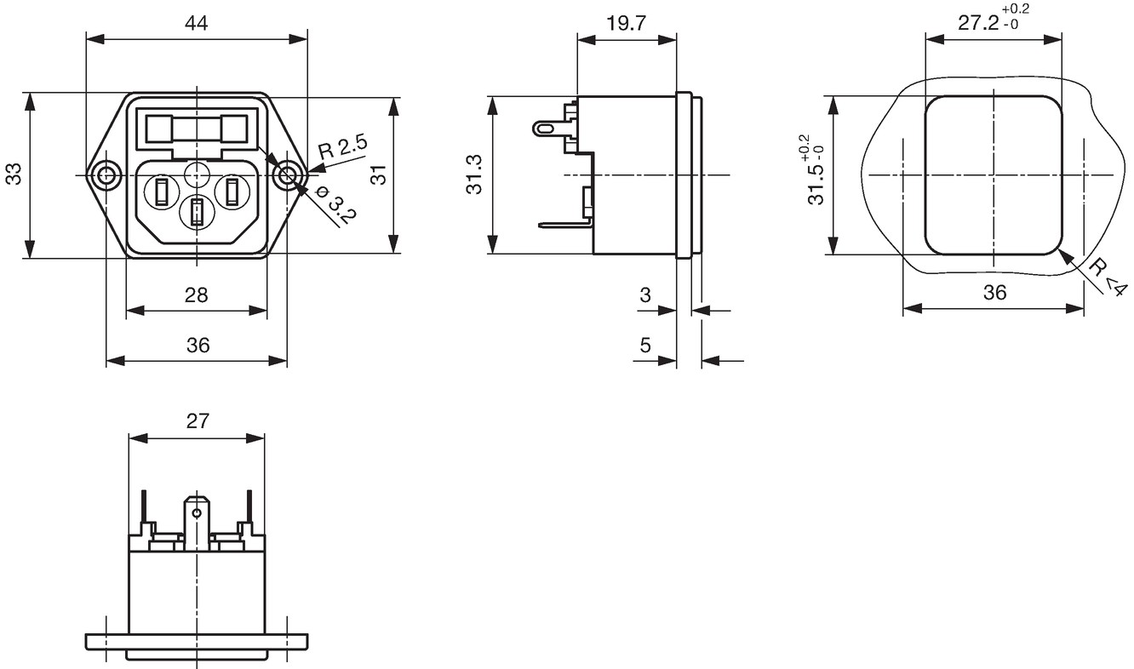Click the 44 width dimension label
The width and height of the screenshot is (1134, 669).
197,23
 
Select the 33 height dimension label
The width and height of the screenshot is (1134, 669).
14,174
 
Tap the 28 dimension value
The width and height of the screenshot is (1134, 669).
197,295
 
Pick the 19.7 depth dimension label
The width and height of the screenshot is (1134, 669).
627,23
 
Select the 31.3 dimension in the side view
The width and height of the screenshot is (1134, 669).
475,174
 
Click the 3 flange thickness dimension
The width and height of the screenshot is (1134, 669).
645,295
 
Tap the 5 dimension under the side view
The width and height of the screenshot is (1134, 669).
645,345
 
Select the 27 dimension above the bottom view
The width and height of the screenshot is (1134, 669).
198,420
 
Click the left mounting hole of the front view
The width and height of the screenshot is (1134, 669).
106,175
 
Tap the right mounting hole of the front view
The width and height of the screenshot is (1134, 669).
287,175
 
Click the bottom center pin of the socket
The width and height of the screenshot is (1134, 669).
196,212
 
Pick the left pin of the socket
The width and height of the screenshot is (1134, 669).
161,192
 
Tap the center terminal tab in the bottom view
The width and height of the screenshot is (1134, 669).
197,523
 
